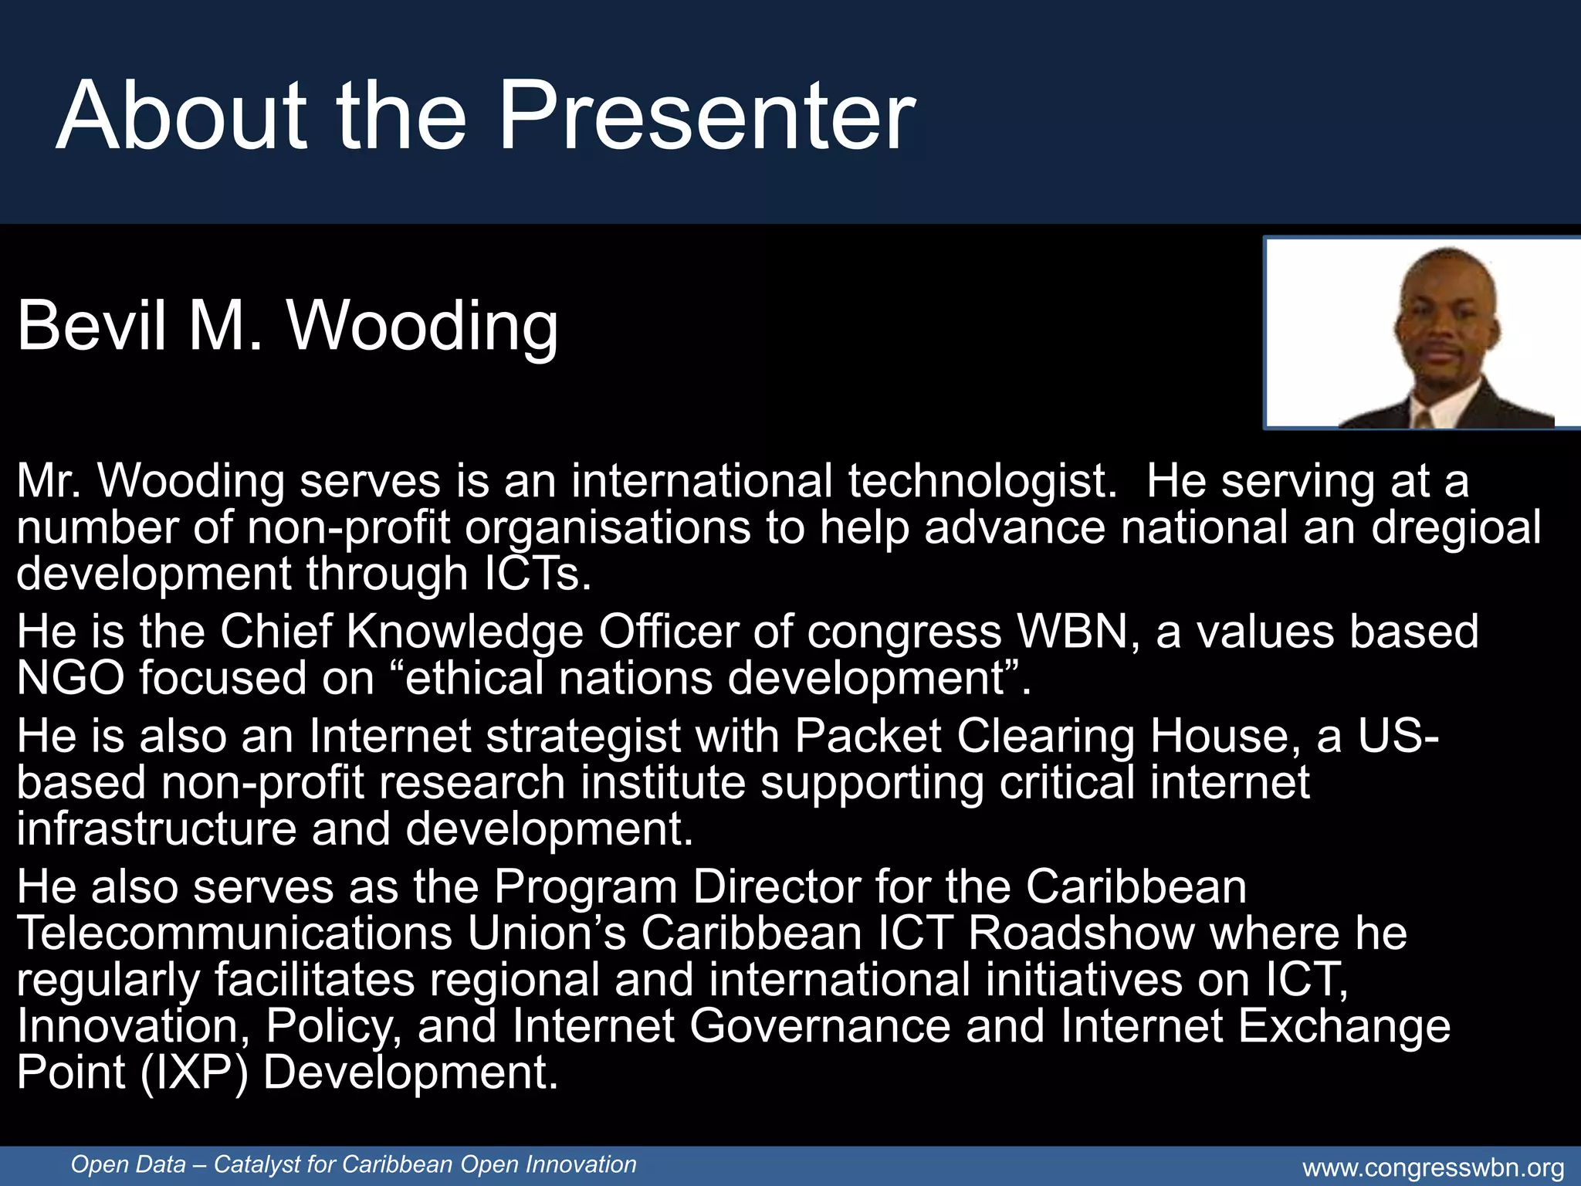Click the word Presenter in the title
coord(706,116)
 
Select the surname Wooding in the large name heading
coord(422,327)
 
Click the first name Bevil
coord(92,325)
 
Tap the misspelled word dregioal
coord(1456,527)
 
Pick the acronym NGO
coord(70,678)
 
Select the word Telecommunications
coord(234,933)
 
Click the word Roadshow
coord(1081,933)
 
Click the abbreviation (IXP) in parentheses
coord(195,1073)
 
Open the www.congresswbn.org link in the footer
coord(1434,1167)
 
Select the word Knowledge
coord(465,632)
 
